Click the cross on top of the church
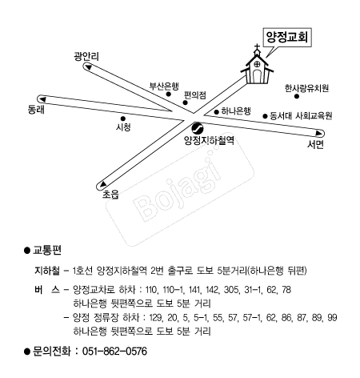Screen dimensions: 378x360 (x=258, y=52)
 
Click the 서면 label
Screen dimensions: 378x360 (x=315, y=147)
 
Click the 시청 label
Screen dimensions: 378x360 (x=124, y=127)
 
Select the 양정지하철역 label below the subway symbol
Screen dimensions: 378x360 (x=209, y=139)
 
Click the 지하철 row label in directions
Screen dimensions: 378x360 (x=42, y=271)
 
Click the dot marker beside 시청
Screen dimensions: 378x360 (x=122, y=118)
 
